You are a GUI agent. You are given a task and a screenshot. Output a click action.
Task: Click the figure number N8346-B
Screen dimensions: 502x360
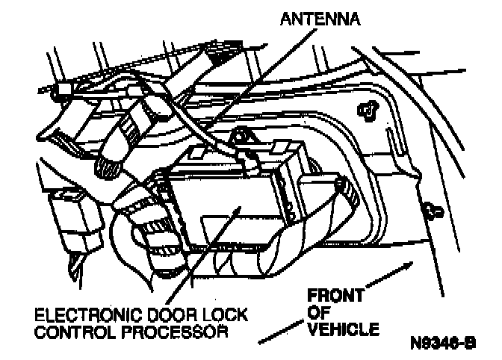click(x=442, y=345)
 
